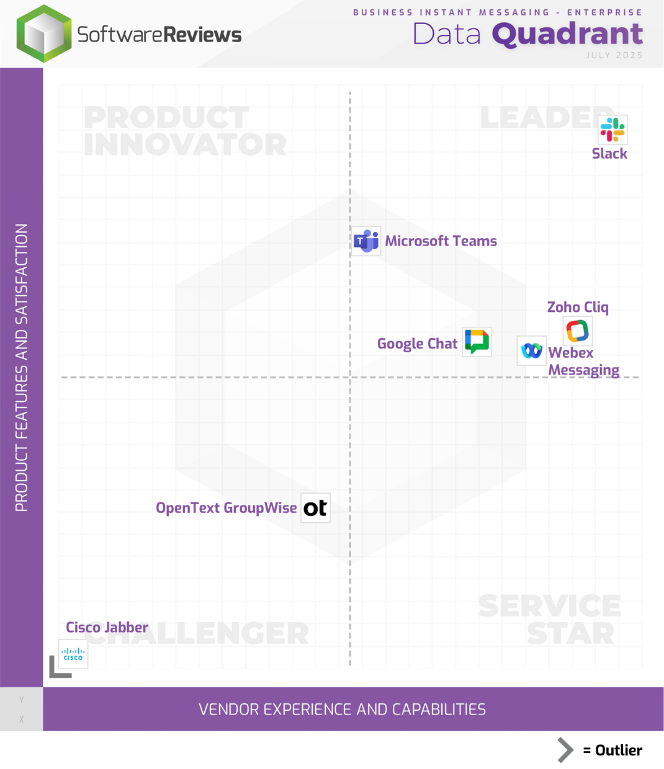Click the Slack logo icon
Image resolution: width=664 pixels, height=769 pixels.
(x=612, y=130)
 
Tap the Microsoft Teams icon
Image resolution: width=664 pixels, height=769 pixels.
(x=366, y=241)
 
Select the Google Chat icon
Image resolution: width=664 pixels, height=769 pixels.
(x=477, y=342)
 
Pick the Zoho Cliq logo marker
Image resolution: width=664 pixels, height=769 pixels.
(x=577, y=331)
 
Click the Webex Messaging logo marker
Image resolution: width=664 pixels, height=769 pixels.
(x=532, y=351)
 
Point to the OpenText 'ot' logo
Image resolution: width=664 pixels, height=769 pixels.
(x=315, y=508)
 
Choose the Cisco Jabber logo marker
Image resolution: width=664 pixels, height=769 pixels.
(x=73, y=654)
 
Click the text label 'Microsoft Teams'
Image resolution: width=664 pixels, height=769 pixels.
(x=441, y=241)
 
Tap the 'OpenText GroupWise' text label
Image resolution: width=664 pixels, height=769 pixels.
(x=226, y=508)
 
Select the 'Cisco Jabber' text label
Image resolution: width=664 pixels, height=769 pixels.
(x=107, y=628)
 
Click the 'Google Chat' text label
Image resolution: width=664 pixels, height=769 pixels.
(x=417, y=344)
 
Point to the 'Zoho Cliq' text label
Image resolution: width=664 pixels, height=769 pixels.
(x=577, y=307)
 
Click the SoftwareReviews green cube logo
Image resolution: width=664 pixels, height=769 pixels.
(x=44, y=34)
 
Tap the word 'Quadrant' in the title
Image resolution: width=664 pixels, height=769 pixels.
(x=567, y=34)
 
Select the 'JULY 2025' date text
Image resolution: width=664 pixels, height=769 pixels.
(x=614, y=55)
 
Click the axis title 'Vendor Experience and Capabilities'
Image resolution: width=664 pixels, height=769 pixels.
(x=342, y=709)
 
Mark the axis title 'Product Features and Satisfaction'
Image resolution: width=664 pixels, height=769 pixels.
(x=22, y=368)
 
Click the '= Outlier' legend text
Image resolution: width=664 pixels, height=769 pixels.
(x=612, y=750)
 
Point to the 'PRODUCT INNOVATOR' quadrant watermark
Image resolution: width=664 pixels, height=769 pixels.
(x=184, y=131)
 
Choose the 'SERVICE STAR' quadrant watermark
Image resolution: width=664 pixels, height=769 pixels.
(x=550, y=620)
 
